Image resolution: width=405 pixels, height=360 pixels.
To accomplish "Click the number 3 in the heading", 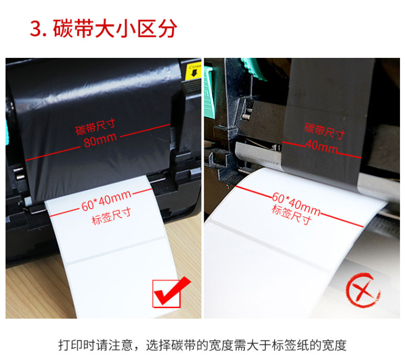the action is pyautogui.click(x=36, y=29).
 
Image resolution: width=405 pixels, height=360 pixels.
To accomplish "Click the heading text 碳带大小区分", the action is pyautogui.click(x=115, y=28).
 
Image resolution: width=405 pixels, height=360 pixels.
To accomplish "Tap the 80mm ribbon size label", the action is pyautogui.click(x=100, y=141).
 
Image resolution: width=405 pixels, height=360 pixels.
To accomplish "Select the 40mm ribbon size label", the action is pyautogui.click(x=322, y=147).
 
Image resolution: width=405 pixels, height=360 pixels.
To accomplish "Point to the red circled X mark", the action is pyautogui.click(x=363, y=291).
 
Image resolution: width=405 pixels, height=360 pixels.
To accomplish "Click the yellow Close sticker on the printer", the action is pyautogui.click(x=194, y=70).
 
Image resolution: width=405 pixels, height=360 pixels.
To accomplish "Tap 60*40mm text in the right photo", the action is pyautogui.click(x=296, y=205).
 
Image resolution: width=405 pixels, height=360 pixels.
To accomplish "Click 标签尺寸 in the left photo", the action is pyautogui.click(x=111, y=217).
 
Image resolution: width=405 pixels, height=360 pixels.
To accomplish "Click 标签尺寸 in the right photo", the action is pyautogui.click(x=291, y=214).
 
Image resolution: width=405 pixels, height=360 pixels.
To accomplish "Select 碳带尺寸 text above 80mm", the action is pyautogui.click(x=95, y=127).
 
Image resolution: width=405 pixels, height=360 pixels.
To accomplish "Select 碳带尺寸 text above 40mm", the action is pyautogui.click(x=324, y=131).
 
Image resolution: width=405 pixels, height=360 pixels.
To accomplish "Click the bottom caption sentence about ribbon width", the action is pyautogui.click(x=202, y=345).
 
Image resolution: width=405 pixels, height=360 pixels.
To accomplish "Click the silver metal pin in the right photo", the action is pyautogui.click(x=246, y=114).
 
